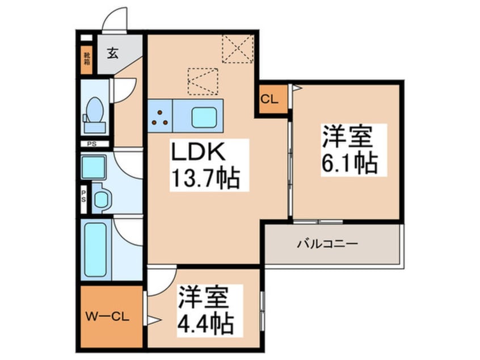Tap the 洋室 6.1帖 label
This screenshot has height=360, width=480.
pos(349,149)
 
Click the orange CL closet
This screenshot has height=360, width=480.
pos(269,99)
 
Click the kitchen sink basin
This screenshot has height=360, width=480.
pos(204,118)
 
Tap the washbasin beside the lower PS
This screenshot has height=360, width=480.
pos(102,199)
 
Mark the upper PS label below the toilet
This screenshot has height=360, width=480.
pos(92,144)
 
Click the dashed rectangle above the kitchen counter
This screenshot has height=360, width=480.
pos(203,81)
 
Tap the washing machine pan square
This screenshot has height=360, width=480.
pos(94,166)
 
